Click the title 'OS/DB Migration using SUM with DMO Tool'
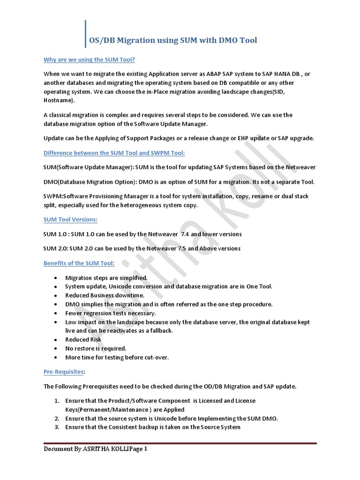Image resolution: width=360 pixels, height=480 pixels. click(173, 40)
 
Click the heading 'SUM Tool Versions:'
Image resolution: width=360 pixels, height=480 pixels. click(70, 219)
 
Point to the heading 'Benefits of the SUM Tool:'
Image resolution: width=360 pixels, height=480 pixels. click(79, 263)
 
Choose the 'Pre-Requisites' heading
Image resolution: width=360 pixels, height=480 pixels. click(63, 371)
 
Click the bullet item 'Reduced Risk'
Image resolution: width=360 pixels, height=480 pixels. click(83, 339)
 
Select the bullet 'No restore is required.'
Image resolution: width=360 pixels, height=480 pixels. click(96, 348)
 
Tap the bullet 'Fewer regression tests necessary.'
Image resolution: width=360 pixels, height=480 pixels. click(111, 313)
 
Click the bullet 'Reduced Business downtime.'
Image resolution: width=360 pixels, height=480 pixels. click(105, 295)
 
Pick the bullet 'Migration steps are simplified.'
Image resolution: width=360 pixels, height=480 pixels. click(106, 278)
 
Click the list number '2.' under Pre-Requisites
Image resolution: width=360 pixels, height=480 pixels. click(56, 418)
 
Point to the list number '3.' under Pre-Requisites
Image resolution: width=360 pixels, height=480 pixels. click(56, 427)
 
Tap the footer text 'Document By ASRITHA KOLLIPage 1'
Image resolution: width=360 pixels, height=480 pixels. click(96, 449)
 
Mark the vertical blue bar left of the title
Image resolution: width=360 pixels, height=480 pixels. click(86, 34)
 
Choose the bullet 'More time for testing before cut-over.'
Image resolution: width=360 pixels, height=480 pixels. click(117, 357)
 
